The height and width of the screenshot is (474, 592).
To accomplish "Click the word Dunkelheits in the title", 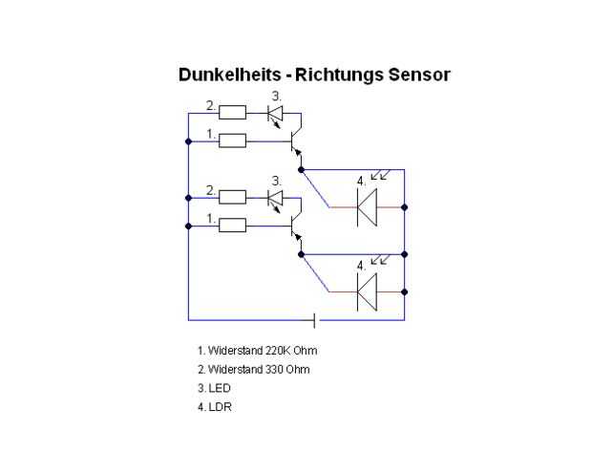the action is tap(230, 75).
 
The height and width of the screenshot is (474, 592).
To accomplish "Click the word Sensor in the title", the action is tap(419, 75).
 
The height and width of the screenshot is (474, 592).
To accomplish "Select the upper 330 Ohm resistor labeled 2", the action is tap(233, 113).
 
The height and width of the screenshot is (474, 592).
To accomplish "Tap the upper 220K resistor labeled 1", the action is tap(233, 141).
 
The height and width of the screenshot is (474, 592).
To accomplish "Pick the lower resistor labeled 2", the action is tap(233, 197).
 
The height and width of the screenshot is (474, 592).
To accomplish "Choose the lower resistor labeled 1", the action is tap(233, 226).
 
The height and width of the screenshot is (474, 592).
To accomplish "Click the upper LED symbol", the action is tap(275, 116).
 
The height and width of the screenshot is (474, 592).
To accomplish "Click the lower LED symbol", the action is tap(275, 201).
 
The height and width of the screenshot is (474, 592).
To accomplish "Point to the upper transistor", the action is tap(296, 141).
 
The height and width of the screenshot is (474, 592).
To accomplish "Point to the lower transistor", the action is tap(296, 226).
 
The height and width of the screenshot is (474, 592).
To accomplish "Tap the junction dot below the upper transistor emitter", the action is tap(301, 170).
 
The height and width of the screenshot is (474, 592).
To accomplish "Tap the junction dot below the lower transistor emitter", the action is tap(301, 254).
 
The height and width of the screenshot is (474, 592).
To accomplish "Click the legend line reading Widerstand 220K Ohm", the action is tap(258, 351).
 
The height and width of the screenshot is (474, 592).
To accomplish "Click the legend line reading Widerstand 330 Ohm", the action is tap(254, 369).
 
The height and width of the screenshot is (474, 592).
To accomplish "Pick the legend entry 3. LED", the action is tap(214, 388).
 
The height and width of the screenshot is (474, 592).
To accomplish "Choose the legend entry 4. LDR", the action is tap(215, 407).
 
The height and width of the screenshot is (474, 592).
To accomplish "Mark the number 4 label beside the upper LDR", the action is tap(361, 182).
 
